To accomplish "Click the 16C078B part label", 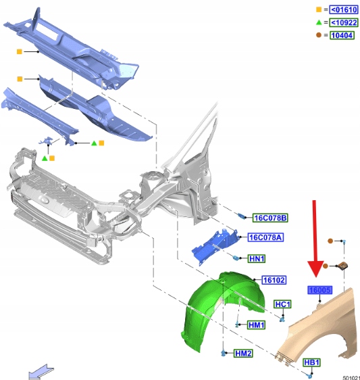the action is tap(270, 218).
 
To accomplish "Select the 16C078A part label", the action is tap(265, 237).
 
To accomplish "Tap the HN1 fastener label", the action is tap(257, 258).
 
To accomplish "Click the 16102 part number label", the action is tap(274, 280).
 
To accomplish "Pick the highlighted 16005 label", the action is tap(319, 290).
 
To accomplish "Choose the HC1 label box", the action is tap(282, 304).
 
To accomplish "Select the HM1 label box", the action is tap(257, 325).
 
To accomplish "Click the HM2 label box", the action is tap(243, 354).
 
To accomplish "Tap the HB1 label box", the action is tap(312, 362).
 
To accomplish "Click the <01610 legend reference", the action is tap(344, 10).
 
